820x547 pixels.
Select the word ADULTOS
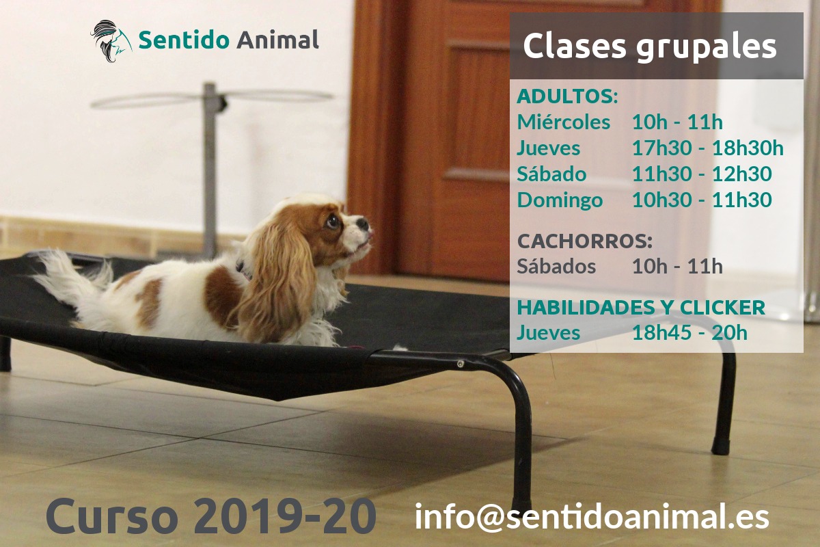point(566,96)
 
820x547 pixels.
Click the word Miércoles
point(563,122)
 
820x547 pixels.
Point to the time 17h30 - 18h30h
point(707,148)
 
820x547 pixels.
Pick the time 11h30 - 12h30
point(701,174)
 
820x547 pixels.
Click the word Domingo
point(560,200)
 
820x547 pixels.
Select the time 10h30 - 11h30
point(701,200)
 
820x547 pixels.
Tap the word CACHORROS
point(584,241)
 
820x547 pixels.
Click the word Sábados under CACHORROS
point(556,266)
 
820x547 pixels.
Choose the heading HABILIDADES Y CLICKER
point(640,308)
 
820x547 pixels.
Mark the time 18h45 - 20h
point(689,333)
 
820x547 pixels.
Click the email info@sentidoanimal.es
point(592,517)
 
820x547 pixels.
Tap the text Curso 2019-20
point(210,516)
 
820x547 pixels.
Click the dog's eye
point(333,221)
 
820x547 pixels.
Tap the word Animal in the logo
point(277,40)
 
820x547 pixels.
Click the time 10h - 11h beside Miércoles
point(676,122)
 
